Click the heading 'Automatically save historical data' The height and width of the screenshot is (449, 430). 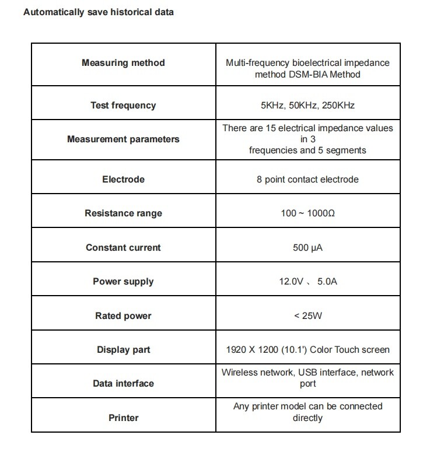(x=98, y=12)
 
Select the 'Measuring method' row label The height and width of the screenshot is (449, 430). (x=123, y=63)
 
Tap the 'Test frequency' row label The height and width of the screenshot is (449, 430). (x=123, y=106)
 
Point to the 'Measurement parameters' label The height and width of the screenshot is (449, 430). (x=123, y=139)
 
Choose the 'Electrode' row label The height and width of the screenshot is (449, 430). (x=123, y=179)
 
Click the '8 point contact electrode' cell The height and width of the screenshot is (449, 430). (x=307, y=179)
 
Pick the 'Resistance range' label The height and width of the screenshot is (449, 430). (x=123, y=213)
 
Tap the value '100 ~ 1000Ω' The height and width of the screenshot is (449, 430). (x=307, y=213)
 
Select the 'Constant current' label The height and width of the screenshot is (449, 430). (x=123, y=247)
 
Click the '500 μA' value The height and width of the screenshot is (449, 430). (x=307, y=247)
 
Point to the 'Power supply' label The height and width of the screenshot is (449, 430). (x=123, y=282)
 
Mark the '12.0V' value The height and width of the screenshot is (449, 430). (x=292, y=282)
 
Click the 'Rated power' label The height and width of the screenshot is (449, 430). (x=123, y=316)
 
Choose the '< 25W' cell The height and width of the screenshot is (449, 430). (x=307, y=316)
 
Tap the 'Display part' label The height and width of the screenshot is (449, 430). (x=123, y=350)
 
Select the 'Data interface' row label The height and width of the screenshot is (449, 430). (x=123, y=384)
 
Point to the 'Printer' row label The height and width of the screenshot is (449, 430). (x=123, y=418)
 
